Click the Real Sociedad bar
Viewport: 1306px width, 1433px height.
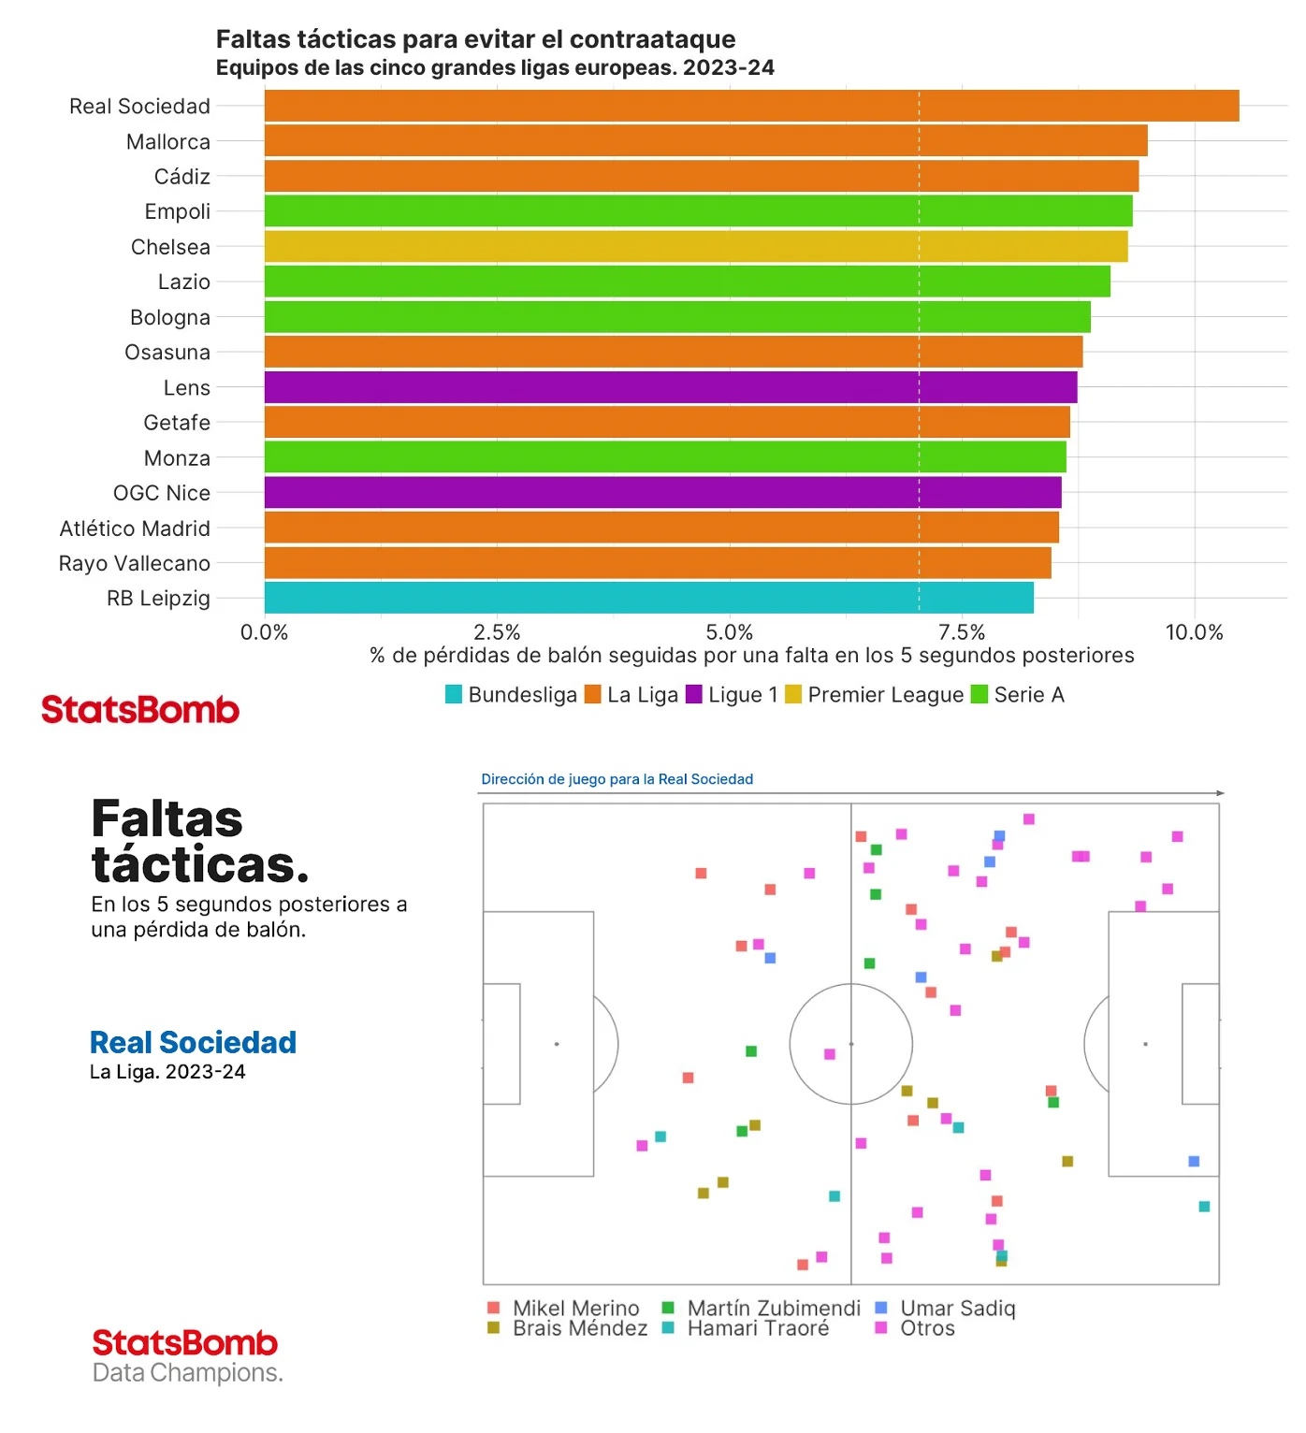click(751, 106)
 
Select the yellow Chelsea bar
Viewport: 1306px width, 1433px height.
click(696, 247)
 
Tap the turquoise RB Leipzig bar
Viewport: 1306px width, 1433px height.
click(649, 598)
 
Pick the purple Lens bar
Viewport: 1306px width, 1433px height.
click(671, 387)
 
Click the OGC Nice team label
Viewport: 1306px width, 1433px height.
click(162, 493)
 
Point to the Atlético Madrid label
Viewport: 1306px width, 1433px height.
click(135, 528)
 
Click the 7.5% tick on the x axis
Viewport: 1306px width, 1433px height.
click(962, 632)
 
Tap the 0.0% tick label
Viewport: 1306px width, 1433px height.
click(265, 632)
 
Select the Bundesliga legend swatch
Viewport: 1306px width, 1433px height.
click(454, 694)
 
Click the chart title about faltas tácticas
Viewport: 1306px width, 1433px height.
click(475, 39)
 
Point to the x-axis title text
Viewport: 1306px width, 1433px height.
click(751, 656)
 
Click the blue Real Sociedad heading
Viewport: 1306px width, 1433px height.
click(193, 1042)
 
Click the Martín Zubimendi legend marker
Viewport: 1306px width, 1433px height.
click(668, 1308)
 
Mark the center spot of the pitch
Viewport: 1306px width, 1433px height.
click(851, 1044)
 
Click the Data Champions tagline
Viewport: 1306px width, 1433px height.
click(187, 1372)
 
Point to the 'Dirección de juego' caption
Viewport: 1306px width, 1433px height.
click(617, 779)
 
